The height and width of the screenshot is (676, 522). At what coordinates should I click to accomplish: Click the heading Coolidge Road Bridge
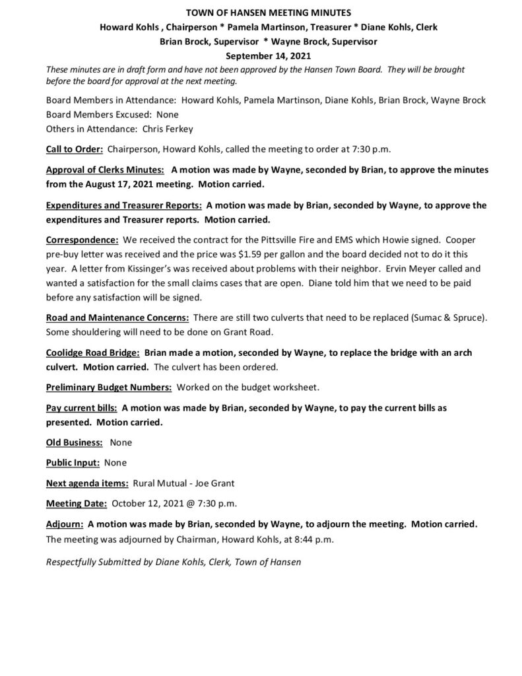tap(92, 353)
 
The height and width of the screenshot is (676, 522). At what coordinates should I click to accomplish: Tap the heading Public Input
tap(73, 462)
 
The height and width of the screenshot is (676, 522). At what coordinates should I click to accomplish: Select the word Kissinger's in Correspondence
tap(156, 269)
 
